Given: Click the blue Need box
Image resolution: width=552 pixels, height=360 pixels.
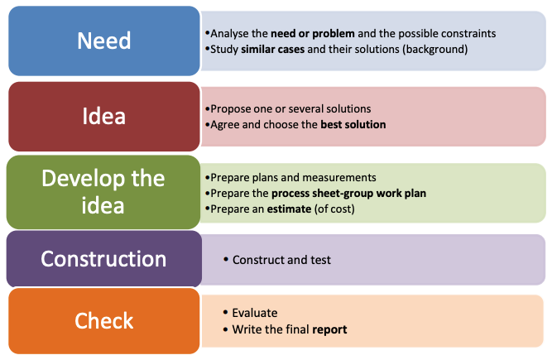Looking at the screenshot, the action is pos(104,41).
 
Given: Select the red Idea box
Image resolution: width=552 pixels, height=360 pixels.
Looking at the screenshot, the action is pos(104,117).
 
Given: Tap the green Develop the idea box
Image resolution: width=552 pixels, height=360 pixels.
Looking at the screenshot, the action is pos(103,192).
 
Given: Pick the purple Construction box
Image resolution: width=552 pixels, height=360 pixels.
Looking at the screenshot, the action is pos(104,259).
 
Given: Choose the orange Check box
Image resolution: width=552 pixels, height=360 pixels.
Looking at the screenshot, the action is pos(104,321).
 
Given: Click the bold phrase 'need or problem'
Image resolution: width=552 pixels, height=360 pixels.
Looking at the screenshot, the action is pos(313,33).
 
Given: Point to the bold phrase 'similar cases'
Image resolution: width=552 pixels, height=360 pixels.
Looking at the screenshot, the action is pos(273,49).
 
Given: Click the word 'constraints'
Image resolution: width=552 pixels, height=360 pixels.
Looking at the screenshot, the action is pos(468,33).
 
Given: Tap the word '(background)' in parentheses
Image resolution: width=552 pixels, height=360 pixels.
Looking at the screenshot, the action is pos(435,50).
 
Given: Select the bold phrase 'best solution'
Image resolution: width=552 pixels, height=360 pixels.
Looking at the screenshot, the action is pos(353,125).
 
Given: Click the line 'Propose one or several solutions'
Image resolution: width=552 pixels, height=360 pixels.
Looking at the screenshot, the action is pos(290,109).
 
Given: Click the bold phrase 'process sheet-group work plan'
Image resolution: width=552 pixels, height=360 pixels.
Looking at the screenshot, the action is pos(349,193).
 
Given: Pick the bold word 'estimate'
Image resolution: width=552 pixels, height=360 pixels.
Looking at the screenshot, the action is pos(289,209).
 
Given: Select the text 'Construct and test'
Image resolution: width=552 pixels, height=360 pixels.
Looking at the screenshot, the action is pos(281,260).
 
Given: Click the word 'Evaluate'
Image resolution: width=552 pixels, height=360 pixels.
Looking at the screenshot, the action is pos(255,313).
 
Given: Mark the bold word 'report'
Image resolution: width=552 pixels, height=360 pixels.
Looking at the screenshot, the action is pos(329,329).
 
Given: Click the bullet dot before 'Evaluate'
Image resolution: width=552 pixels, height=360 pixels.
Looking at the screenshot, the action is pos(225,313).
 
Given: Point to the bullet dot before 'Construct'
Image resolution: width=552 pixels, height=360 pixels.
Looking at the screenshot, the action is pos(226,260).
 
